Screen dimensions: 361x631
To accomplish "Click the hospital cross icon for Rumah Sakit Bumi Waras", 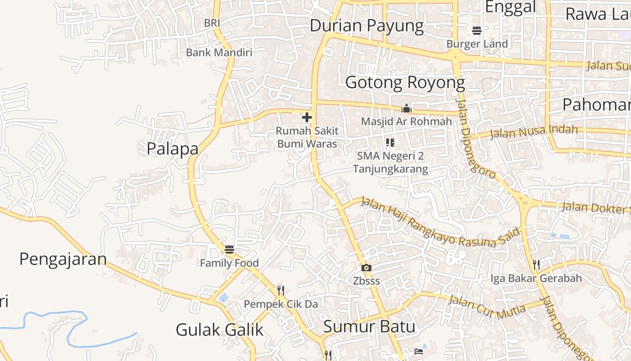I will coord(307,118).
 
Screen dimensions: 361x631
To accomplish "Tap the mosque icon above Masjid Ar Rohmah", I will coord(407,108).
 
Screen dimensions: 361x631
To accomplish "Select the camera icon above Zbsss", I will coord(366,268).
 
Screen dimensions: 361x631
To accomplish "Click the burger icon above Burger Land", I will coord(477,31).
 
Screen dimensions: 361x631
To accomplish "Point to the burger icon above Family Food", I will coord(229,249).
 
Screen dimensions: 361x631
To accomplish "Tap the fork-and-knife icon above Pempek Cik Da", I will coord(281,290).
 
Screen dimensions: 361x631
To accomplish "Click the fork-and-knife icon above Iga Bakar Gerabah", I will coord(536,264).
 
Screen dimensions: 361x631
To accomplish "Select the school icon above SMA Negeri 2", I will coord(390,143).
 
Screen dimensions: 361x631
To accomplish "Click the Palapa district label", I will coord(173,148).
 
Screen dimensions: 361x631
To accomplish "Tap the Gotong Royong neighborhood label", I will coord(405,83).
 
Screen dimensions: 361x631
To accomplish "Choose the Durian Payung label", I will coord(366,26).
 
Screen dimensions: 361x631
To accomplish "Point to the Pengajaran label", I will coord(63,259).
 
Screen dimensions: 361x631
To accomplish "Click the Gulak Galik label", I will coord(219,330).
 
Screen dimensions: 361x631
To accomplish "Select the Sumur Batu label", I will coord(369,326).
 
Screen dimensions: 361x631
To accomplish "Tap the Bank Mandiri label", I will coord(219,52).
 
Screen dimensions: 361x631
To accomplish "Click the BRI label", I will coord(212,23).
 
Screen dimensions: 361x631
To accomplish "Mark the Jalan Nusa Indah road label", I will coord(534,132).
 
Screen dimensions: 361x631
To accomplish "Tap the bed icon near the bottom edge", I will coord(419,351).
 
